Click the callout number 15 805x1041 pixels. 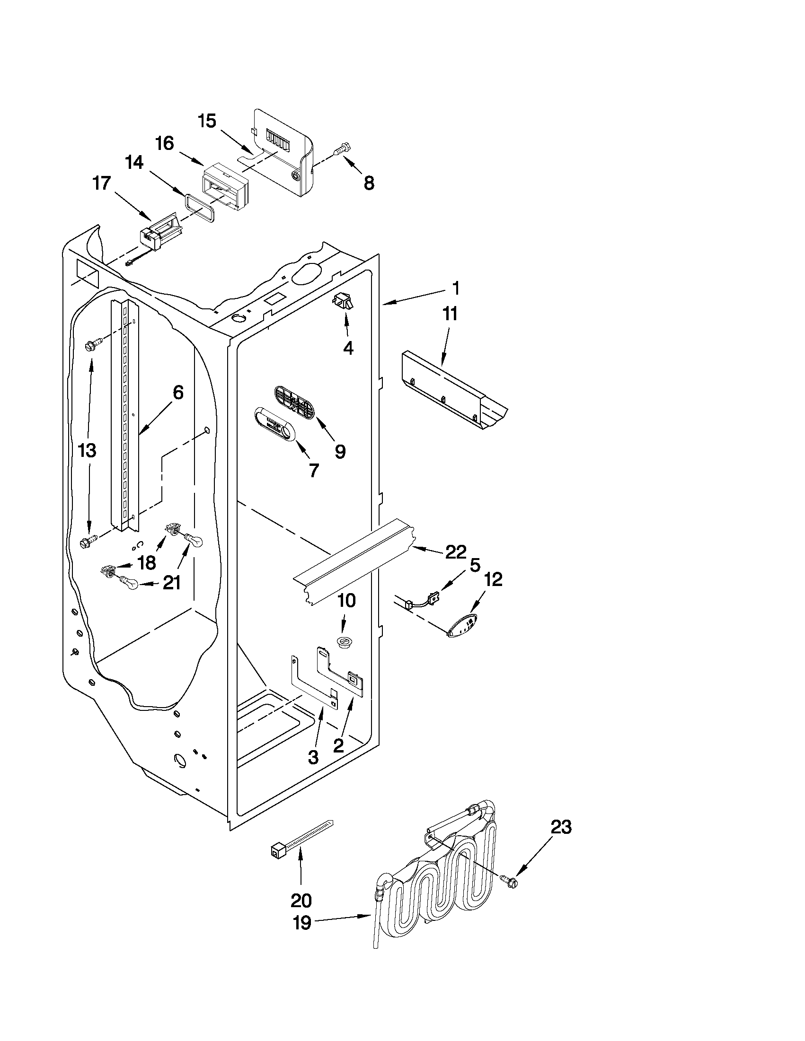point(207,121)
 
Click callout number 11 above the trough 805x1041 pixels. point(450,314)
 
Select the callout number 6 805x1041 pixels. point(177,393)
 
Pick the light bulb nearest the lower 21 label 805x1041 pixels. point(130,583)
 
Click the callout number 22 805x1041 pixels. point(455,552)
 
